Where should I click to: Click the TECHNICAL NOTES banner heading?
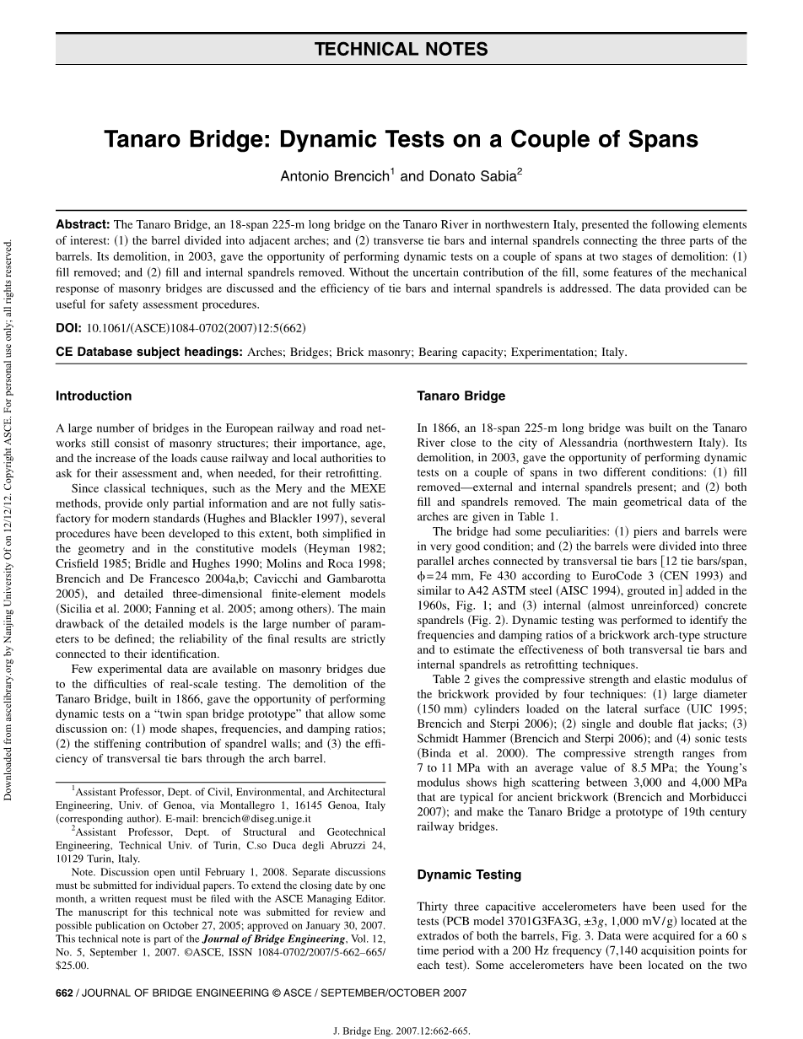[401, 49]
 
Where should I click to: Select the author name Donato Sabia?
[472, 177]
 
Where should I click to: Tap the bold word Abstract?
[83, 225]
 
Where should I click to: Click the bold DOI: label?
[69, 327]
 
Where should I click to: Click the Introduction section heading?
[94, 396]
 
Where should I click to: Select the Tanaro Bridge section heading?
[461, 396]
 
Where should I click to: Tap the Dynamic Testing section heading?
[469, 875]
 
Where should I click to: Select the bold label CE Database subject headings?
[148, 352]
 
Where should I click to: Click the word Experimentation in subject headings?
[556, 352]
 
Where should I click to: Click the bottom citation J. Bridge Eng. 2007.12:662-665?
[401, 1030]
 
